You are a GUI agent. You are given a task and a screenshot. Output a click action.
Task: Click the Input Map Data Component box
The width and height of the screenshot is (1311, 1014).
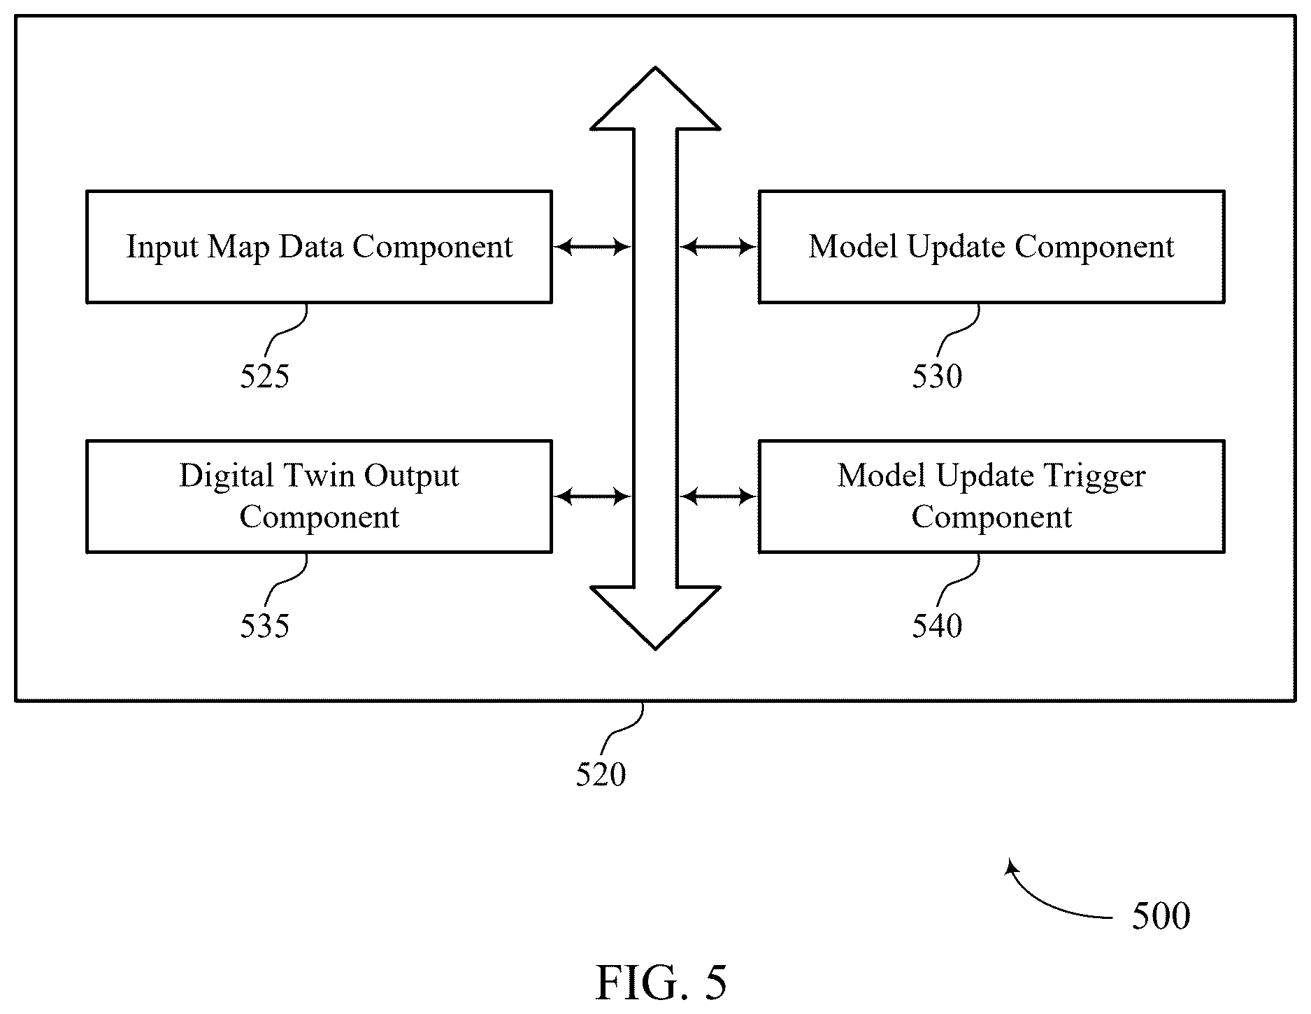pyautogui.click(x=319, y=246)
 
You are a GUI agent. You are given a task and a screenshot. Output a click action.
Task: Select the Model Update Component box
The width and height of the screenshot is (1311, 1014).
pyautogui.click(x=991, y=246)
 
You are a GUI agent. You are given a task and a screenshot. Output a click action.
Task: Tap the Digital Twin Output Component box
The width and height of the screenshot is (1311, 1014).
pyautogui.click(x=319, y=497)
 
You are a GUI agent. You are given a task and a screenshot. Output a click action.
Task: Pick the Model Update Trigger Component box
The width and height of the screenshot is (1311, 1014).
pyautogui.click(x=991, y=497)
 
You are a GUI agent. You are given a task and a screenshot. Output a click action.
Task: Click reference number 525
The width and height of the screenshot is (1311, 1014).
pyautogui.click(x=264, y=376)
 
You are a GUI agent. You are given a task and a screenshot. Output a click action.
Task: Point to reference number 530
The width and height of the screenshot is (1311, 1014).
pyautogui.click(x=937, y=376)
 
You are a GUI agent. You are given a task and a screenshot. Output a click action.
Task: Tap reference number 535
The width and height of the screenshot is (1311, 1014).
pyautogui.click(x=264, y=626)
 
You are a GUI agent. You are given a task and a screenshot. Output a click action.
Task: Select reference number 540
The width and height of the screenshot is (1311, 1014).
pyautogui.click(x=937, y=626)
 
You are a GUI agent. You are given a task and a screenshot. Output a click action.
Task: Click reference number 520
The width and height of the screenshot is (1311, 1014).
pyautogui.click(x=601, y=774)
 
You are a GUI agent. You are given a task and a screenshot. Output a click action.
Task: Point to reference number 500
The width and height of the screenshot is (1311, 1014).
pyautogui.click(x=1161, y=915)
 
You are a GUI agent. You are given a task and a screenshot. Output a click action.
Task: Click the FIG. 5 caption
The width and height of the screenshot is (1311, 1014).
pyautogui.click(x=661, y=983)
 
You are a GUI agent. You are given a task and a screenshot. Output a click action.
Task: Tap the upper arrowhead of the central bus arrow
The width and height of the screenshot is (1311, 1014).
pyautogui.click(x=655, y=99)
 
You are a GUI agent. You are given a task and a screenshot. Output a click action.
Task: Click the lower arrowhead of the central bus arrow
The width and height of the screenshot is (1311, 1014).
pyautogui.click(x=655, y=618)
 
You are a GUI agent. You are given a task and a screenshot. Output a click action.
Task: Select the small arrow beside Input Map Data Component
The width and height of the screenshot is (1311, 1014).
pyautogui.click(x=592, y=246)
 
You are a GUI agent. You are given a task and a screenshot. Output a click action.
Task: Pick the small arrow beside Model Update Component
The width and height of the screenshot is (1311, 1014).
pyautogui.click(x=719, y=246)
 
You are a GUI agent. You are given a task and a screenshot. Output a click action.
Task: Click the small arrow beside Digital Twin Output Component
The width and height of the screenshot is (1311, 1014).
pyautogui.click(x=592, y=497)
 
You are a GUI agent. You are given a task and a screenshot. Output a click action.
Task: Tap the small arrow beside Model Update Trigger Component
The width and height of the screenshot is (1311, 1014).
pyautogui.click(x=719, y=497)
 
